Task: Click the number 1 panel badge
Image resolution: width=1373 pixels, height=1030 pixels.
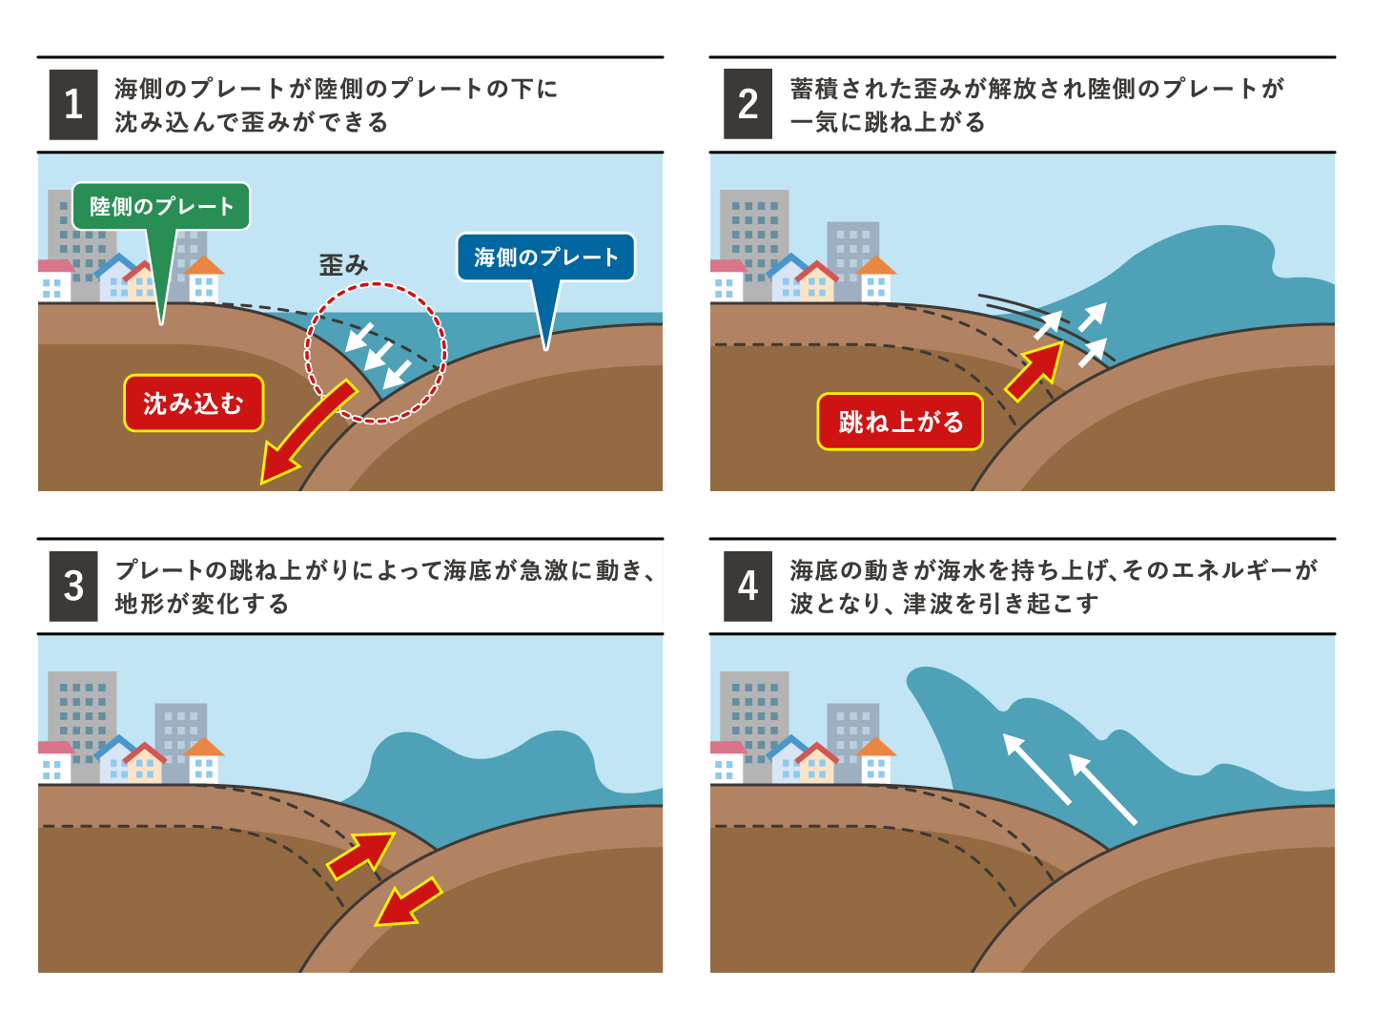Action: click(x=73, y=105)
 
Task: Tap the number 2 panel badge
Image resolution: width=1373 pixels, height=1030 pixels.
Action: click(x=748, y=104)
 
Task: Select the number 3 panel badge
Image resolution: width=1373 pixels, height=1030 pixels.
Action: click(x=73, y=586)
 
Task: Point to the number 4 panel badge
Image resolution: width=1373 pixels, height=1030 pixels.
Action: click(x=748, y=586)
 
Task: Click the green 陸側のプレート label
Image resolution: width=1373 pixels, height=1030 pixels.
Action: click(x=161, y=206)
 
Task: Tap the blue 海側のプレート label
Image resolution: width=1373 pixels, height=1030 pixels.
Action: click(x=545, y=257)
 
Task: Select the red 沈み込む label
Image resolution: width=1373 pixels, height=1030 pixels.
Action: click(x=194, y=403)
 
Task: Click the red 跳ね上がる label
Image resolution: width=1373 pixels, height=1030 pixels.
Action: click(x=900, y=422)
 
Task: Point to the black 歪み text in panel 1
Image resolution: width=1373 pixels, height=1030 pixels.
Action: click(x=343, y=265)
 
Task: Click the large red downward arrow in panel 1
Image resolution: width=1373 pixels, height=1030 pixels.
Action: click(x=306, y=433)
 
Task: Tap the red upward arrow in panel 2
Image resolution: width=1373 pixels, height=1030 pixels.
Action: click(x=1035, y=372)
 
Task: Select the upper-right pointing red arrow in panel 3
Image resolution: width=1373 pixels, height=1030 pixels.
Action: click(x=361, y=855)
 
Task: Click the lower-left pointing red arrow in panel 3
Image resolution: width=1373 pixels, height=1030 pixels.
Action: click(x=409, y=902)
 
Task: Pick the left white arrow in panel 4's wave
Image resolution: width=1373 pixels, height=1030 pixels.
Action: click(x=1037, y=769)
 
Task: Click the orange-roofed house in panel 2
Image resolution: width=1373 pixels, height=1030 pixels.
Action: click(x=875, y=278)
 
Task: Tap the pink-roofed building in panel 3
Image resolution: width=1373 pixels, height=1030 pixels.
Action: click(x=56, y=762)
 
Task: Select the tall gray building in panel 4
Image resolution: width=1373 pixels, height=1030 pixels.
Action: click(x=754, y=727)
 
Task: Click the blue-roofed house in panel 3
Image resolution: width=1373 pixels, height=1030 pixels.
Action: click(x=115, y=760)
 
